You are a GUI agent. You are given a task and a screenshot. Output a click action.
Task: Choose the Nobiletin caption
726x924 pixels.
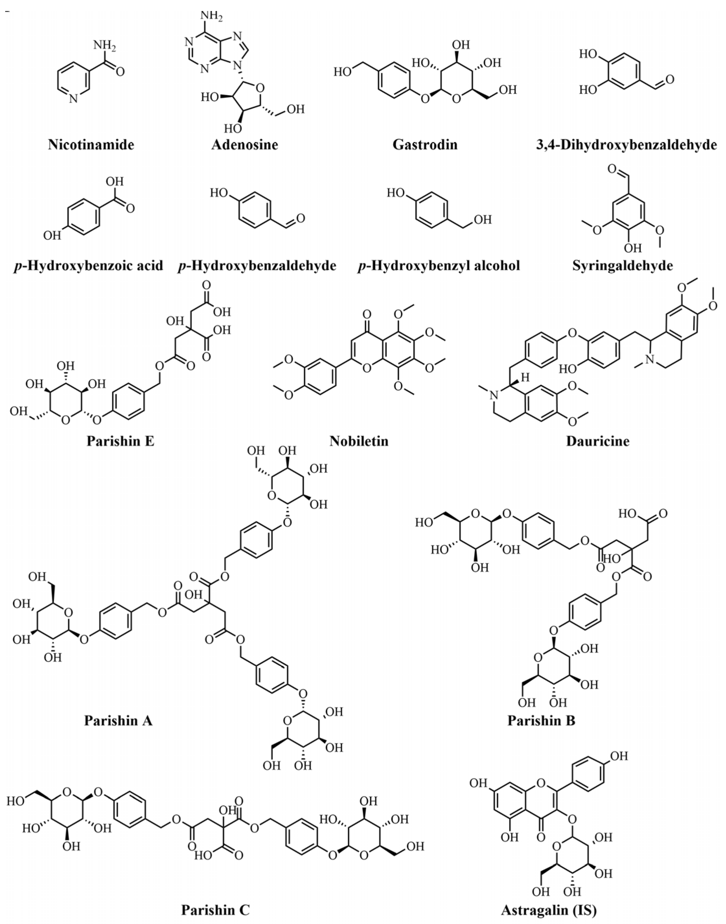tap(359, 441)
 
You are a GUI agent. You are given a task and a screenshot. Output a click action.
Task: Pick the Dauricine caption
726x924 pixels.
tap(597, 441)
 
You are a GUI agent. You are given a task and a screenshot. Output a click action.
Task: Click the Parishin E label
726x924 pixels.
tap(121, 441)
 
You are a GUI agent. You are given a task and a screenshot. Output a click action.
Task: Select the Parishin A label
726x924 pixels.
tap(118, 721)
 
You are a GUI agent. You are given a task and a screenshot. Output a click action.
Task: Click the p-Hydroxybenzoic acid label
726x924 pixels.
tap(88, 266)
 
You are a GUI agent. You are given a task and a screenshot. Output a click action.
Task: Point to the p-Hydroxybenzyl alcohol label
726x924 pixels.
tap(439, 266)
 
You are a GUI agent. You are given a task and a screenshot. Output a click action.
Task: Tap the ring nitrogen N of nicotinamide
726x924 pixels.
tap(73, 99)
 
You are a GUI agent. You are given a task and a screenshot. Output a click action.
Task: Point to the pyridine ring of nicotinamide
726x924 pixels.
tap(73, 81)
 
